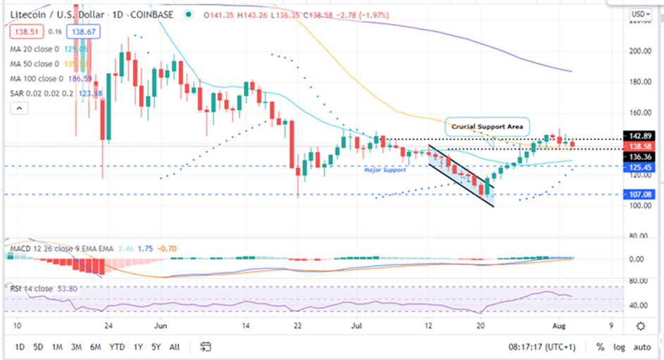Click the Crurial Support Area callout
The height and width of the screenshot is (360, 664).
(x=486, y=127)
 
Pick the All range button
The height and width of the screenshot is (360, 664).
(x=174, y=347)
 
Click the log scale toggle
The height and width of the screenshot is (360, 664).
(x=620, y=347)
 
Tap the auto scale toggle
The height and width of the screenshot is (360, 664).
(x=641, y=347)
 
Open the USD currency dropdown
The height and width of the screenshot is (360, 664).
(x=640, y=13)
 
